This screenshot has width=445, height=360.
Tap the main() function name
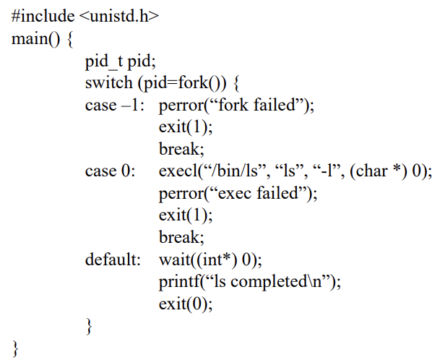30,38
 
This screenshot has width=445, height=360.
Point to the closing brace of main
16,348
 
